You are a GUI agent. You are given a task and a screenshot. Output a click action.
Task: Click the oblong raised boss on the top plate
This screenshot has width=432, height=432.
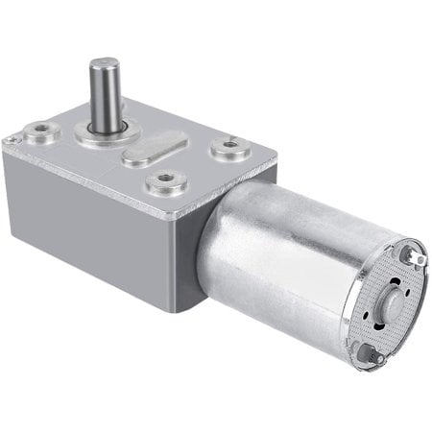[156, 154]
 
